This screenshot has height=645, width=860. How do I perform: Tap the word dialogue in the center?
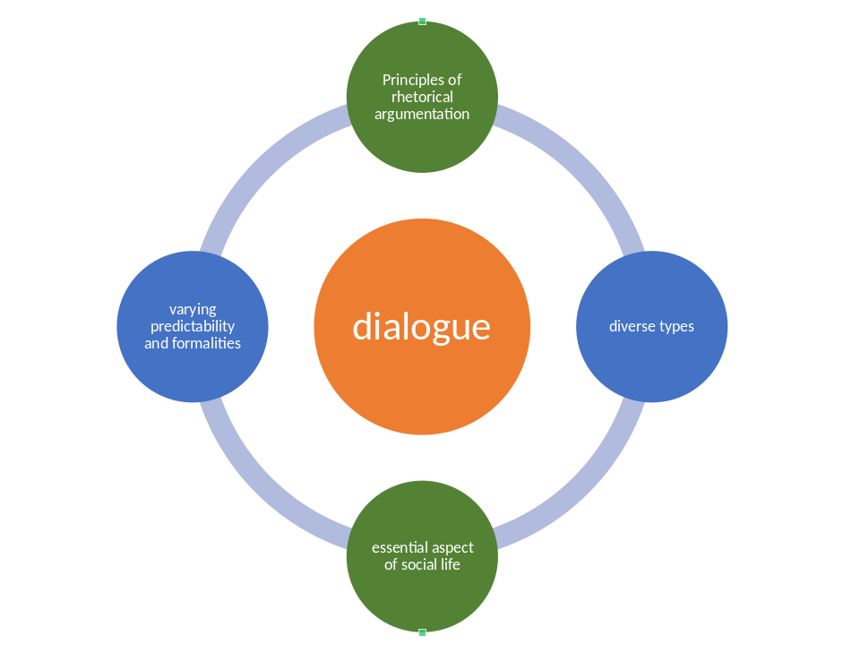(422, 327)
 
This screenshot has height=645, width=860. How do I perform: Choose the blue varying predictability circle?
(193, 367)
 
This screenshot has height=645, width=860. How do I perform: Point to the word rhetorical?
(422, 97)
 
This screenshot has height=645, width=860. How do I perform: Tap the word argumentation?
(422, 114)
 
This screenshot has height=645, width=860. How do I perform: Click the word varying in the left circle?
(193, 309)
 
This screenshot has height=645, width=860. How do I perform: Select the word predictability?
(193, 326)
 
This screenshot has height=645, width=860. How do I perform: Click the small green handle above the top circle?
(422, 21)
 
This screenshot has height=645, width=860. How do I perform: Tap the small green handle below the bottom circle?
(422, 632)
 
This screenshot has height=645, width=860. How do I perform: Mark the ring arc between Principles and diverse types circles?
(582, 166)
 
